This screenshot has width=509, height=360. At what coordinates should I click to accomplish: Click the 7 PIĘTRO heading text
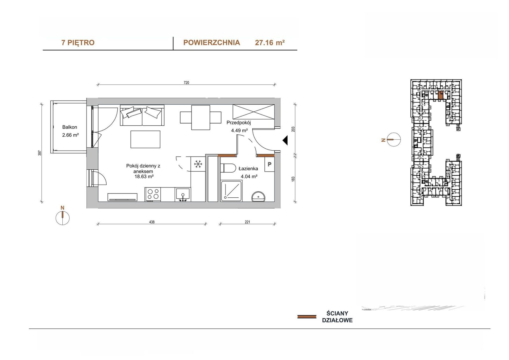[x=78, y=43]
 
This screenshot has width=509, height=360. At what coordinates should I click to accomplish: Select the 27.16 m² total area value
[x=270, y=43]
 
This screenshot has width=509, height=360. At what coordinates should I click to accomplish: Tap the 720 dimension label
[x=186, y=82]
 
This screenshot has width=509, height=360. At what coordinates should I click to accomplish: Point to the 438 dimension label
[x=152, y=222]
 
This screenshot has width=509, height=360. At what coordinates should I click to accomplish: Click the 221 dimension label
[x=248, y=222]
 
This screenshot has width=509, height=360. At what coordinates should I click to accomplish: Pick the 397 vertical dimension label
[x=39, y=153]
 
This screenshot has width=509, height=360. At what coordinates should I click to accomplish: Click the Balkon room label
[x=70, y=127]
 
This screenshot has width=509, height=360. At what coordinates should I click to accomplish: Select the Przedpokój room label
[x=239, y=123]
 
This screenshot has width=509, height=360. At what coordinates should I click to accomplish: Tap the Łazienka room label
[x=248, y=169]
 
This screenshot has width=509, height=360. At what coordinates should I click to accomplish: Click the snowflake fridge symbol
[x=198, y=164]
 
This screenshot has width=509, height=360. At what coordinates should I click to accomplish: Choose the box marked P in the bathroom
[x=269, y=164]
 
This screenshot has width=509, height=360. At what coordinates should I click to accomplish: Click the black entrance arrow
[x=285, y=140]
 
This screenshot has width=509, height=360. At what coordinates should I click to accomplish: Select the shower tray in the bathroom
[x=231, y=191]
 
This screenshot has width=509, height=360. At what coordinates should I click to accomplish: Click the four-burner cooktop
[x=153, y=194]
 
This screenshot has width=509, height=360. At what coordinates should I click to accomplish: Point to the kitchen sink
[x=183, y=195]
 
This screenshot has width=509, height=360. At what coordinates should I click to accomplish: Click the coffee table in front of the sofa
[x=145, y=139]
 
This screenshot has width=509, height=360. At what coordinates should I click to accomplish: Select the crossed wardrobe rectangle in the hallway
[x=254, y=112]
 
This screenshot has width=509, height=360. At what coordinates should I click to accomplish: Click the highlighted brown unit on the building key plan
[x=440, y=95]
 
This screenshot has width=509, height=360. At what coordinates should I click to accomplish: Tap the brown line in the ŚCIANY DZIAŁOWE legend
[x=307, y=317]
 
